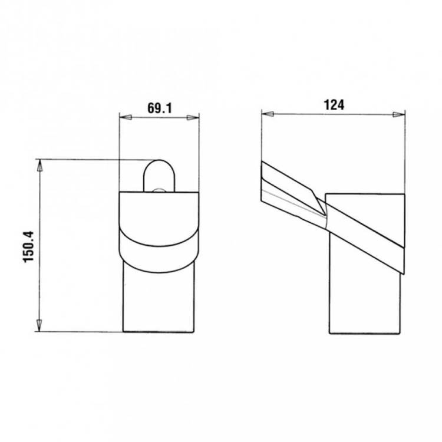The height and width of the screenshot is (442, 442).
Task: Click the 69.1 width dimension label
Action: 159,108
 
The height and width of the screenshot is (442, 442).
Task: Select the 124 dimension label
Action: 334,105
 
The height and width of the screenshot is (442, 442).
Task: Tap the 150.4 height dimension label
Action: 28,247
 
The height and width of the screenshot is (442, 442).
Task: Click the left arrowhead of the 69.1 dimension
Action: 126,117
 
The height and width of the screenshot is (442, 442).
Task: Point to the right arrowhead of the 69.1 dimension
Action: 193,117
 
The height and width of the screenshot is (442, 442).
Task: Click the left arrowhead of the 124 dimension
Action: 268,114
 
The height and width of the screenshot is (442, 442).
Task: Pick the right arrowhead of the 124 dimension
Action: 398,114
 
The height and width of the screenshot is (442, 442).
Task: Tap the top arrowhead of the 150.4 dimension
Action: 39,166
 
